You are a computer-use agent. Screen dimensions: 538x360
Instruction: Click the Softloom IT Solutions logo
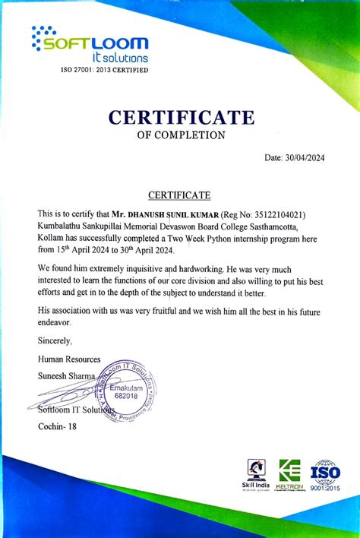tap(90, 45)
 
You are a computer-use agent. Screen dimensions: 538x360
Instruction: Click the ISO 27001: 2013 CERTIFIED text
tap(104, 70)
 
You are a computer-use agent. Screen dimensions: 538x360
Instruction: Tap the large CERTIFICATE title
tap(181, 118)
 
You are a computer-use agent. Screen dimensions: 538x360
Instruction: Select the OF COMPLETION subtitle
tap(181, 136)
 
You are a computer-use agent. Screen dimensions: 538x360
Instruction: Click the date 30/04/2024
tap(307, 158)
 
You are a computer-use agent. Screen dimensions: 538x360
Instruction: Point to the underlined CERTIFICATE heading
tap(179, 196)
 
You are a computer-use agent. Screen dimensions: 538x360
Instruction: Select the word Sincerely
tap(55, 340)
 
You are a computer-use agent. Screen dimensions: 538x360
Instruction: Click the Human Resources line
tap(68, 358)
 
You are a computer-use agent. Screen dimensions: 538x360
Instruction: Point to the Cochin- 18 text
tap(57, 426)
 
